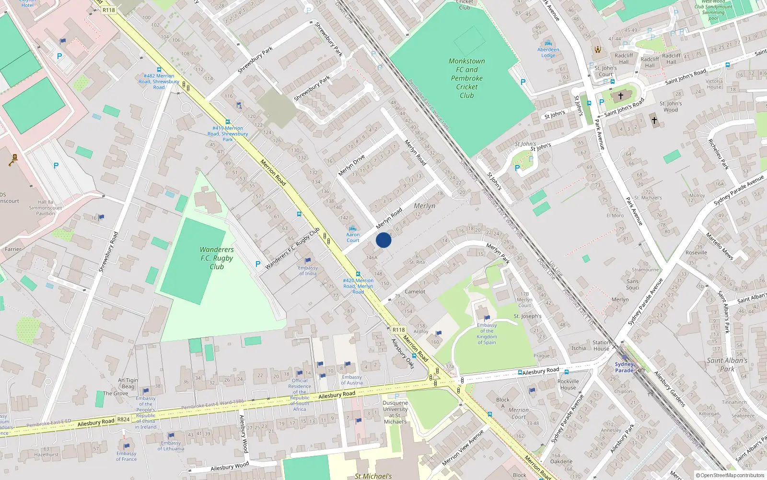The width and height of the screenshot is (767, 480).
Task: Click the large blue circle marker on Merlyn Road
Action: click(383, 240)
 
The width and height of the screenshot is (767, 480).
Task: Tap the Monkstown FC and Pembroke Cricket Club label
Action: click(466, 78)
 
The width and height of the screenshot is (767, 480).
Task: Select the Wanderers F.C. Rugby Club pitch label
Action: click(217, 258)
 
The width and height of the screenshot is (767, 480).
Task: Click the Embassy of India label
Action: click(308, 271)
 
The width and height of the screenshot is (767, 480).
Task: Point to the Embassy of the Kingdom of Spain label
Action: click(487, 334)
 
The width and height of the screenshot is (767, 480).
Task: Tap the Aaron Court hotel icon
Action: click(353, 228)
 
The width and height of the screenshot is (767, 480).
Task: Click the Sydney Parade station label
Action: click(624, 367)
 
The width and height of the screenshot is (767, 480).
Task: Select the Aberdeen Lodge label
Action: click(548, 52)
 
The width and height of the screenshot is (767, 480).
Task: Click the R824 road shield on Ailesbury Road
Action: click(123, 419)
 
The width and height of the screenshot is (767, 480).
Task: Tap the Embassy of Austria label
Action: click(351, 380)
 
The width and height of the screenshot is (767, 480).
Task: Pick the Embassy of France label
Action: click(127, 456)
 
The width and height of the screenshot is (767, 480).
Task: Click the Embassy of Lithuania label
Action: click(171, 446)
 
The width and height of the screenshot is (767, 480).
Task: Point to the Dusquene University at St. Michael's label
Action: click(395, 412)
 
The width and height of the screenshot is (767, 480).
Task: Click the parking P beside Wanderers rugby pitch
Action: click(258, 264)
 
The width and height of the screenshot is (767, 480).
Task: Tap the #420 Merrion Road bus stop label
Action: click(358, 286)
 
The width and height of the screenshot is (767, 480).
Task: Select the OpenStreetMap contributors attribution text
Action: click(730, 476)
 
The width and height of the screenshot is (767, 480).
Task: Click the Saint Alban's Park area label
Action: click(727, 364)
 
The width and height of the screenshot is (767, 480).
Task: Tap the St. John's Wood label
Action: click(670, 107)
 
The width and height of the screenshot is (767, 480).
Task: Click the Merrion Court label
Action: click(519, 413)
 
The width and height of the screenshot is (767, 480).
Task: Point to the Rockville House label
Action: click(568, 384)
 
